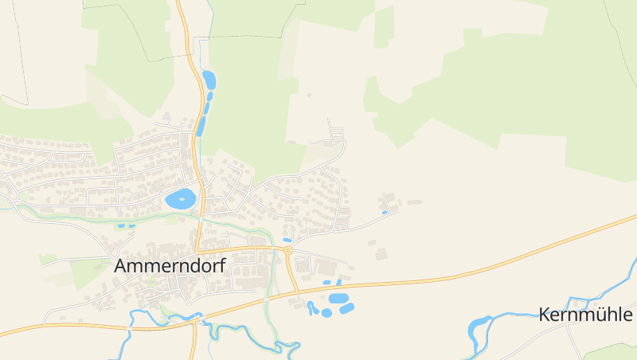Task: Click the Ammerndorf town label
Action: tap(170, 266)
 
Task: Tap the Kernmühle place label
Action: tap(585, 315)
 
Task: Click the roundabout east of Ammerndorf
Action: tap(288, 251)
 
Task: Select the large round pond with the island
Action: tap(180, 199)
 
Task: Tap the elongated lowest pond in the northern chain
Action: tap(201, 126)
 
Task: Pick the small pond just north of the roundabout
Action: tap(287, 240)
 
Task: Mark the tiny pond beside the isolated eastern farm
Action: tap(385, 213)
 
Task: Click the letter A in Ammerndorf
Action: tap(122, 266)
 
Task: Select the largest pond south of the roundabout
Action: tap(338, 298)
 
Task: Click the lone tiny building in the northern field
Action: tap(309, 95)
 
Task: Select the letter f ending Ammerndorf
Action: tap(222, 265)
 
